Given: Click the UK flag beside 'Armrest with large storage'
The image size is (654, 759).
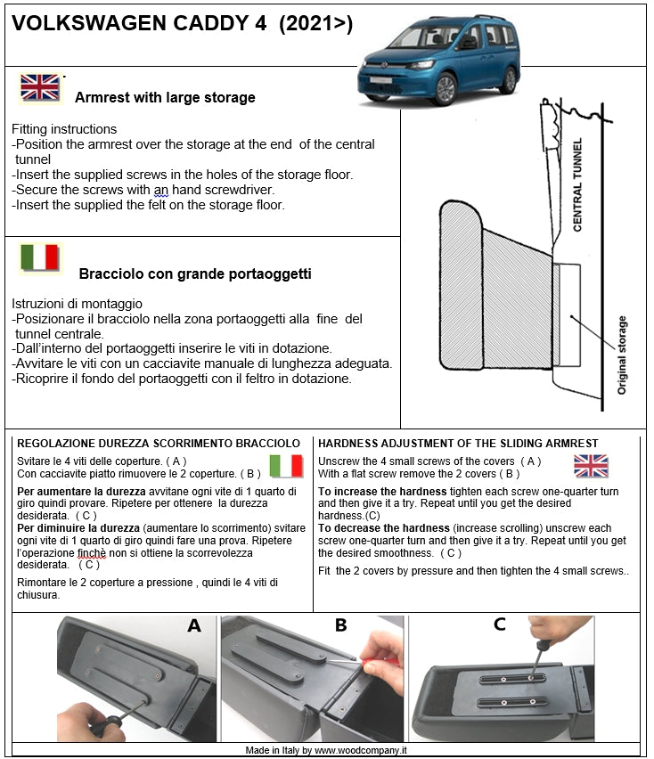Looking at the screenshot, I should tap(40, 87).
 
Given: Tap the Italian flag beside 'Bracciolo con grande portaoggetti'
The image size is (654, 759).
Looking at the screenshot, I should tap(40, 257).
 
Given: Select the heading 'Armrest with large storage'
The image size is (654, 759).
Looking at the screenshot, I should tap(165, 97).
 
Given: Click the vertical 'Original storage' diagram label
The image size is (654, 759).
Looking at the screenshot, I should tap(622, 355).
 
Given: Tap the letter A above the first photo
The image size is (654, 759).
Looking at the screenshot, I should tap(194, 625).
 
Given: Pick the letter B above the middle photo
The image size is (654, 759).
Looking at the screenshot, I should tap(340, 625).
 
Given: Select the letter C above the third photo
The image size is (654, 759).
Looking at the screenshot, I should tap(499, 625).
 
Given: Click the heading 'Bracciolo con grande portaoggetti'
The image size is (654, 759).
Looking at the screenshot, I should tap(194, 274).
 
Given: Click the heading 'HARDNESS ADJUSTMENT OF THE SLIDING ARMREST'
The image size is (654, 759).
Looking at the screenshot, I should tap(458, 443).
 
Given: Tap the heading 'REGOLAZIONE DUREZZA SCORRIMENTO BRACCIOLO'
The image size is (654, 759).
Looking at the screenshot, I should tap(159, 443).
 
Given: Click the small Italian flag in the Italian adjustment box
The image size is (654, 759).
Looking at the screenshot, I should tap(287, 465).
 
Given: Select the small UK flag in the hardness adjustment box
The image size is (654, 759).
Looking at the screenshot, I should tap(591, 465).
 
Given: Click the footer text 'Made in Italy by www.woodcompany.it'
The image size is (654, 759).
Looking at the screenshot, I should tap(326, 751).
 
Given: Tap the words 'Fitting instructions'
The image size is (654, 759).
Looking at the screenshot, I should tap(64, 129).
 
